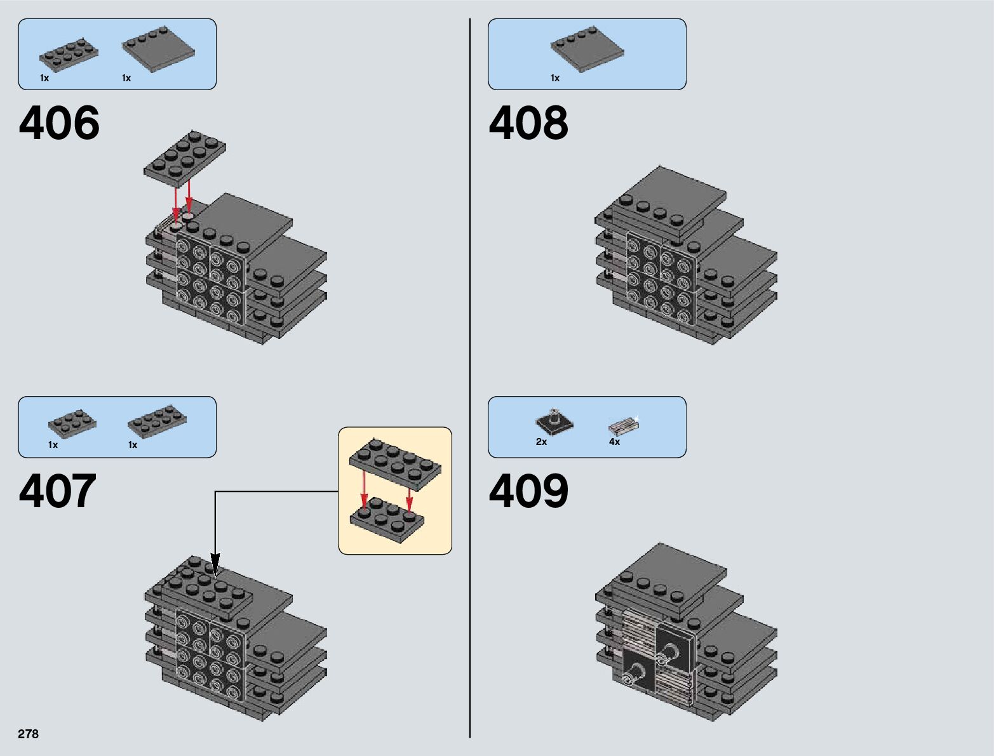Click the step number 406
tap(59, 123)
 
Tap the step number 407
tap(58, 491)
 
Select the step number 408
tap(528, 123)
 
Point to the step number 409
tap(528, 491)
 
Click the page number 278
tap(28, 734)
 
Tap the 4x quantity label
tap(614, 442)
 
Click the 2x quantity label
tap(541, 442)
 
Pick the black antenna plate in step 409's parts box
tap(554, 421)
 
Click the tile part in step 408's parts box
tap(588, 50)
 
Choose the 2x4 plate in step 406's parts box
tap(69, 55)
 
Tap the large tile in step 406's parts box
tap(159, 50)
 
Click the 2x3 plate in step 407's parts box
tap(72, 423)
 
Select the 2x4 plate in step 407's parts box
tap(157, 421)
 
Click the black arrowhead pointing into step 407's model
tap(215, 566)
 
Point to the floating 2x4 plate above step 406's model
tap(185, 159)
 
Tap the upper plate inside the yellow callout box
tap(395, 464)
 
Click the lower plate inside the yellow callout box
tap(387, 520)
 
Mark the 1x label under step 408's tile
tap(555, 78)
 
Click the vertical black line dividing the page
tap(470, 378)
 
